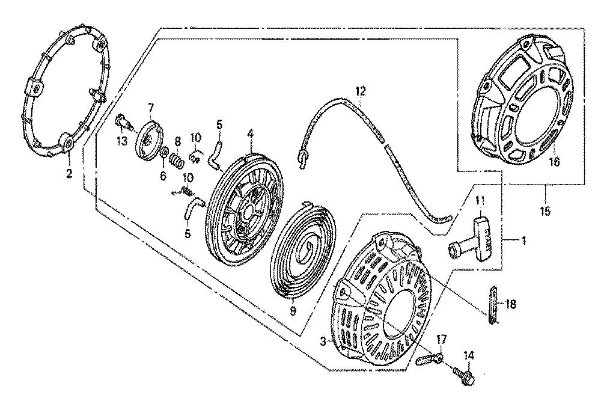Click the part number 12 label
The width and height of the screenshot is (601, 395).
coord(359,91)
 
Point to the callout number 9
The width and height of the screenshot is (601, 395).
coord(293,311)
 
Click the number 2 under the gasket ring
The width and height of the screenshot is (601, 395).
coord(68,174)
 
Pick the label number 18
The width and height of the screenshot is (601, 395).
coord(511,305)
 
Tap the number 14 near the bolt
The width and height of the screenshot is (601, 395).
coord(469,357)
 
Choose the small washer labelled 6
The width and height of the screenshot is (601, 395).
coord(163,157)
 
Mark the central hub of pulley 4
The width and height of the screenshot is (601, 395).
coord(248,210)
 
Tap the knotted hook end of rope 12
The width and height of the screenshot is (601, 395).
coord(302,158)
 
